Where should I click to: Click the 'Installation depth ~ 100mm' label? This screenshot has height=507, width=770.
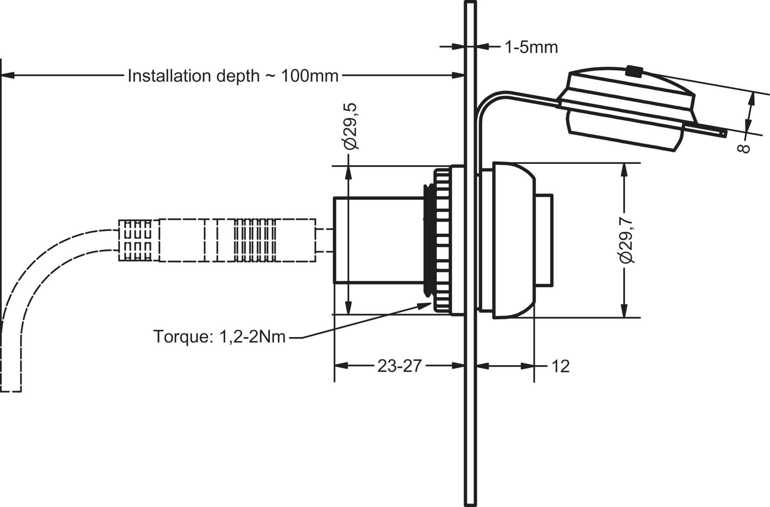[x=233, y=76]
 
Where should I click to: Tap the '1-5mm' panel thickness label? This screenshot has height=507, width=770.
[x=531, y=47]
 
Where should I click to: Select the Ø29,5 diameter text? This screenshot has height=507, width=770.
[x=351, y=126]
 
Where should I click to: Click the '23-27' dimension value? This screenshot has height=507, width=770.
[x=399, y=366]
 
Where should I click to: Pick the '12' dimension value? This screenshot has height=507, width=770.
[x=560, y=366]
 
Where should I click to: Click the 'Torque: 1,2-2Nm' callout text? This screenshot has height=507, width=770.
[x=219, y=337]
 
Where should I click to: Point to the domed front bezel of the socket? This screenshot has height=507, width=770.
[x=514, y=240]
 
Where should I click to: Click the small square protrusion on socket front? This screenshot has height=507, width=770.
[x=544, y=240]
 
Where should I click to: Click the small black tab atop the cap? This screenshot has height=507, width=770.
[x=634, y=71]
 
